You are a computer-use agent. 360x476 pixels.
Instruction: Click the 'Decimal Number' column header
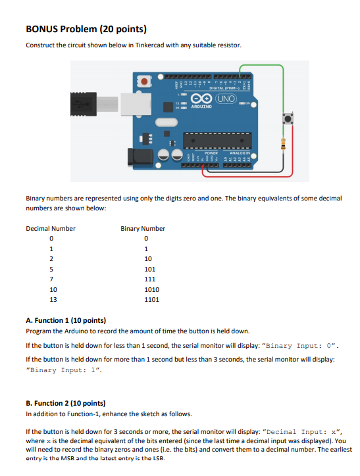pyautogui.click(x=51, y=228)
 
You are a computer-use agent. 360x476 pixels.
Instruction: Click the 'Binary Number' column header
pyautogui.click(x=143, y=228)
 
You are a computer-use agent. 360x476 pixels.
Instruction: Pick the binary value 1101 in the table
pyautogui.click(x=152, y=299)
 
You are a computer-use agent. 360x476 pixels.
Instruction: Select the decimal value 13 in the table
pyautogui.click(x=53, y=299)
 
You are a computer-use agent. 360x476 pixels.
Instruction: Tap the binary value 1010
pyautogui.click(x=152, y=289)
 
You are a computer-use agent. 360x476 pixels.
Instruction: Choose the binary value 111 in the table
pyautogui.click(x=151, y=279)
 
